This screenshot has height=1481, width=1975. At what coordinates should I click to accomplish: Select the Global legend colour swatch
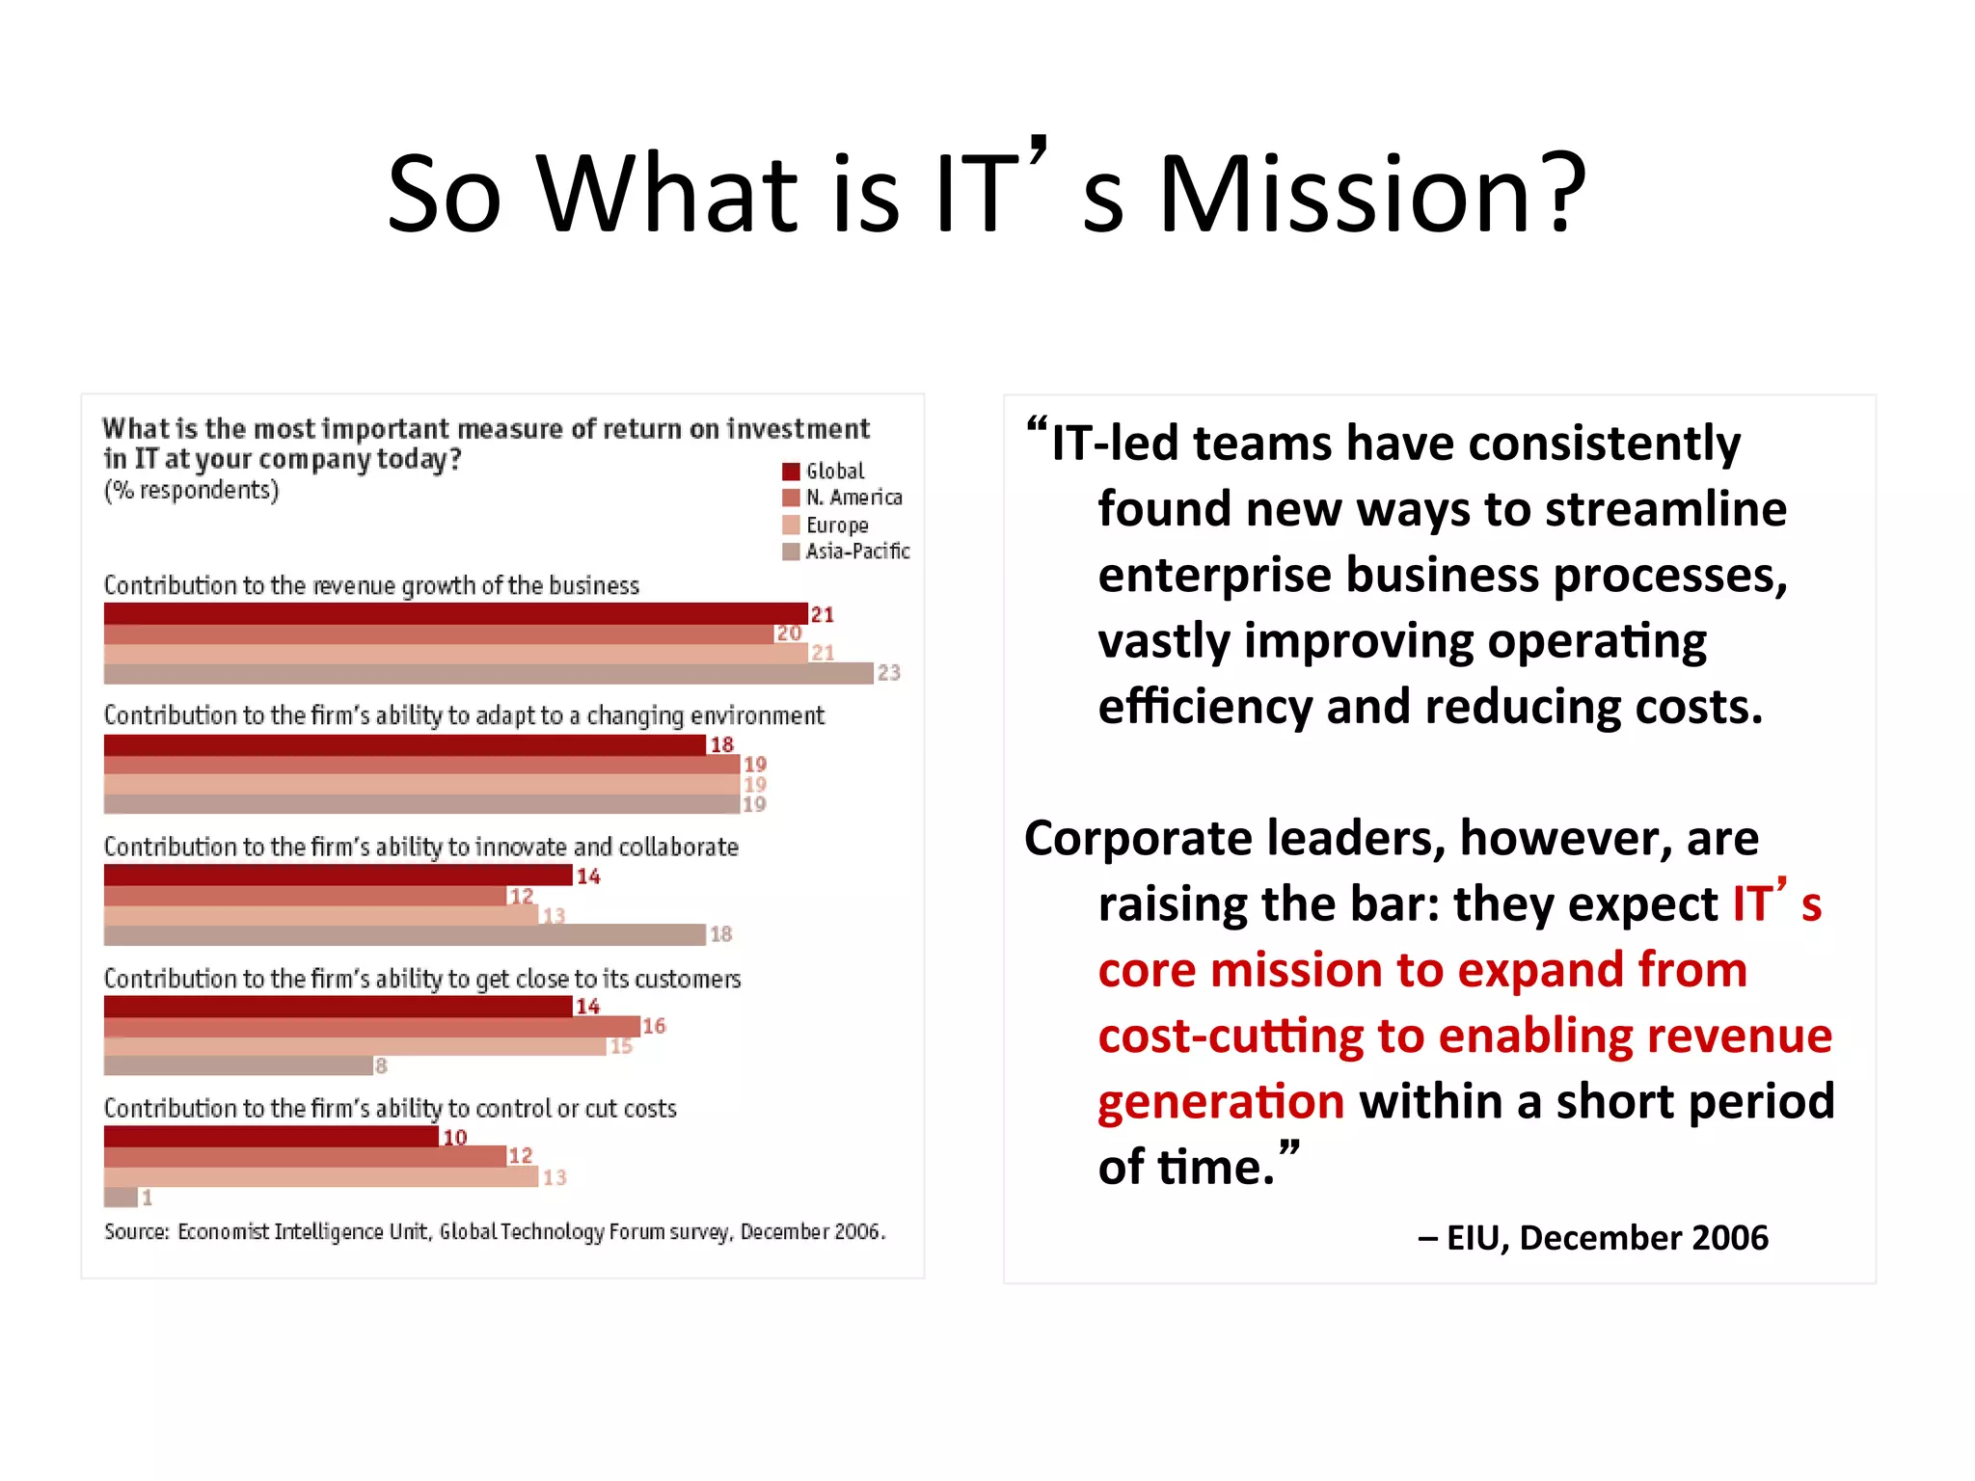pyautogui.click(x=791, y=471)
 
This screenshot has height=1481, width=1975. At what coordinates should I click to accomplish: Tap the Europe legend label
pyautogui.click(x=836, y=525)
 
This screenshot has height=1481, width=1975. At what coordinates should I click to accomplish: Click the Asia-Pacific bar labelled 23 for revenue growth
pyautogui.click(x=488, y=674)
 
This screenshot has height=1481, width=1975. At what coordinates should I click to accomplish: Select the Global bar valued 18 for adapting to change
pyautogui.click(x=405, y=745)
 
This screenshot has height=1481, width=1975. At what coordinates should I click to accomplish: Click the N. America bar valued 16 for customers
pyautogui.click(x=371, y=1027)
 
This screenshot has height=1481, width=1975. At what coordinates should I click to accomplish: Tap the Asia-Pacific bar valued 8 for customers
pyautogui.click(x=238, y=1065)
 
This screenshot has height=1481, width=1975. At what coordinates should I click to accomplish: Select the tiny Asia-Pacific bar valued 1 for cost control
pyautogui.click(x=121, y=1198)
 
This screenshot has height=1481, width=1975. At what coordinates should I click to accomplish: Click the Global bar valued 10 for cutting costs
pyautogui.click(x=271, y=1137)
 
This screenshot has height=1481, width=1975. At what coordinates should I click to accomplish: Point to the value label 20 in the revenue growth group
pyautogui.click(x=789, y=633)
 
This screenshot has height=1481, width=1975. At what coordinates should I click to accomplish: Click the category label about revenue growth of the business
pyautogui.click(x=371, y=586)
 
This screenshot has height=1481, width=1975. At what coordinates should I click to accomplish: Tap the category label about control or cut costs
pyautogui.click(x=390, y=1109)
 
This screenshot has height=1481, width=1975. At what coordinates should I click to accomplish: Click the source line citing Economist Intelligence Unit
pyautogui.click(x=494, y=1232)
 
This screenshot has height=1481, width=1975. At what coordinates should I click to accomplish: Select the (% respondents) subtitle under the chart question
pyautogui.click(x=191, y=491)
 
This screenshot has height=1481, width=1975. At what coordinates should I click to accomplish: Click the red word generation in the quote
pyautogui.click(x=1221, y=1102)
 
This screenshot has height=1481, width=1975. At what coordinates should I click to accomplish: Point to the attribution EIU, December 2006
pyautogui.click(x=1593, y=1238)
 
